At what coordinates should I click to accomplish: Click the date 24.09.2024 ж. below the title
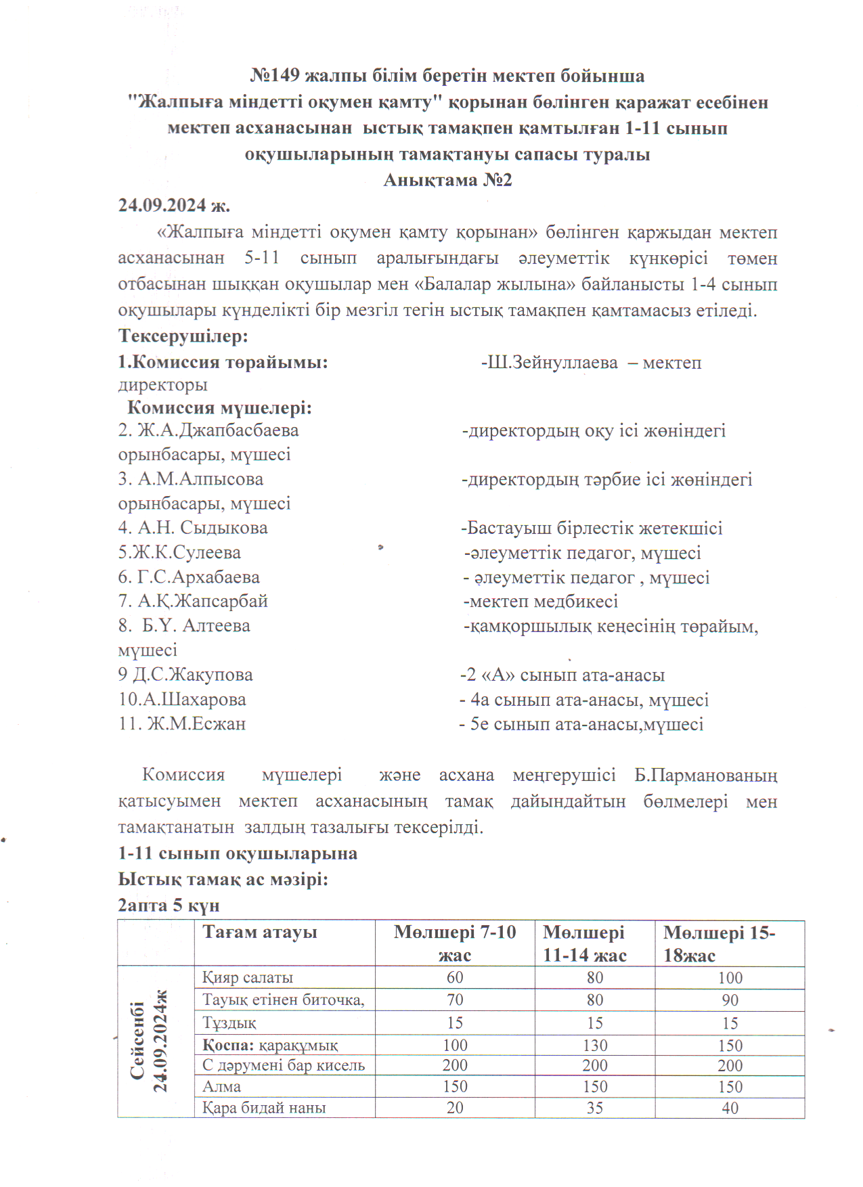tap(174, 205)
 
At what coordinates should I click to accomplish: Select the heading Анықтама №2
tap(447, 180)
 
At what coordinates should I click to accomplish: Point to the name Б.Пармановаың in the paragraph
tap(706, 776)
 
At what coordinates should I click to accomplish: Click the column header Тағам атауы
tap(260, 933)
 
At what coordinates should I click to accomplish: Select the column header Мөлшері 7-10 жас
tap(455, 943)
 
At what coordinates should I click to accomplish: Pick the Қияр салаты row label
tap(248, 978)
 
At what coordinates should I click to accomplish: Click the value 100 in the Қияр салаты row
tap(730, 978)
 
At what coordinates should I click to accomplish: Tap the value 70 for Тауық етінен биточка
tap(455, 1000)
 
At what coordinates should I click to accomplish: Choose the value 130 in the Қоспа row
tap(595, 1046)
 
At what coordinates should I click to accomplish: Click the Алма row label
tap(222, 1087)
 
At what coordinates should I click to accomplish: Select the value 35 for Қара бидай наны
tap(595, 1108)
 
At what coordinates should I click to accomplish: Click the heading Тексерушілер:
tap(183, 336)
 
